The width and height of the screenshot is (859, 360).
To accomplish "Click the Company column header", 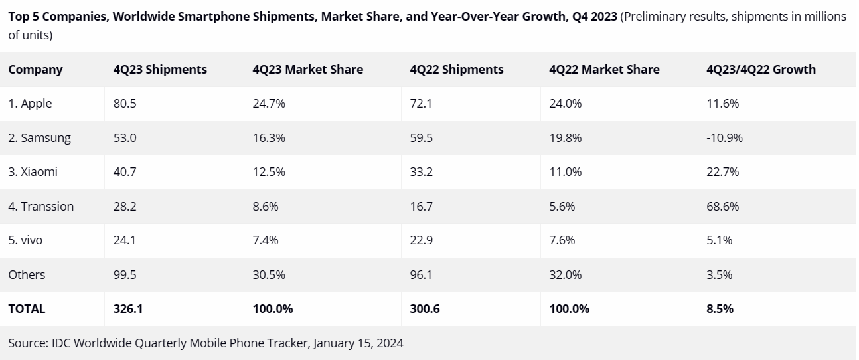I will (x=35, y=70).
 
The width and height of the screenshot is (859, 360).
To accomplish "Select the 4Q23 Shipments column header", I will (x=160, y=70).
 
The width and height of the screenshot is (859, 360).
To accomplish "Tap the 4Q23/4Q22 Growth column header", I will (x=761, y=70).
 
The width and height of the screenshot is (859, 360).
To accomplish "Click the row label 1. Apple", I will (x=30, y=104).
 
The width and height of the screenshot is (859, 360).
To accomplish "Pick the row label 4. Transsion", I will (x=40, y=207).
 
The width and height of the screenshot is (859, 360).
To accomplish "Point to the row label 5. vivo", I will (x=25, y=240).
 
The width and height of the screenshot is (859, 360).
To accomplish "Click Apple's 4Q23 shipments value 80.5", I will (x=125, y=104).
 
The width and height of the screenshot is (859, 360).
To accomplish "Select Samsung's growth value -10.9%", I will (x=724, y=138).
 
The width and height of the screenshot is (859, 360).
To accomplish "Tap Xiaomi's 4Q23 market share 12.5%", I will (x=269, y=172).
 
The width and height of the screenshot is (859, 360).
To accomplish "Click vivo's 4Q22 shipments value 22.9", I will (x=422, y=240).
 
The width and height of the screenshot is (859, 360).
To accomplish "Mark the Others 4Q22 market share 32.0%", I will (x=566, y=275).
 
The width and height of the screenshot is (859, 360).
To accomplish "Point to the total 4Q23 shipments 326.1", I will (x=127, y=309).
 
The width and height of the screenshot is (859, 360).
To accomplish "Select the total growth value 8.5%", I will (x=720, y=309).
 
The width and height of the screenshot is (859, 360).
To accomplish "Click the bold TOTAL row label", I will (x=27, y=309).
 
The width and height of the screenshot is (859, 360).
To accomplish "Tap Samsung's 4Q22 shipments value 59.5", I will (x=422, y=138).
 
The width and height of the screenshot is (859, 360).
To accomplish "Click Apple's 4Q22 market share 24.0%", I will (x=566, y=104).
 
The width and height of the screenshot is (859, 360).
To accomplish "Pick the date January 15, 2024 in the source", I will (x=358, y=343).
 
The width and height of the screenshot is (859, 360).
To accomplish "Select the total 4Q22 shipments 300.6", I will (x=424, y=309).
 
